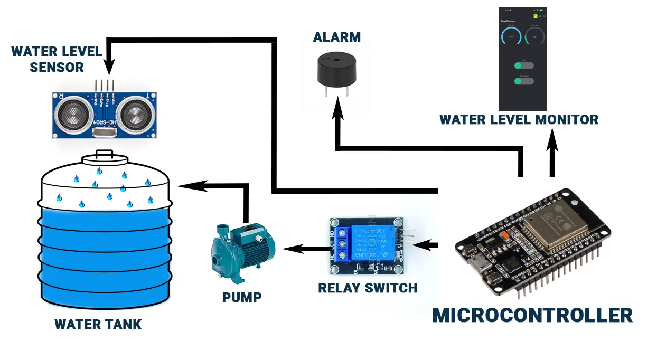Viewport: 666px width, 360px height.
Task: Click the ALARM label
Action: (336, 37)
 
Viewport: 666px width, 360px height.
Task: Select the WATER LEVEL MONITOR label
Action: (519, 120)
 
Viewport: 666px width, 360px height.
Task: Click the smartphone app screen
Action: (523, 59)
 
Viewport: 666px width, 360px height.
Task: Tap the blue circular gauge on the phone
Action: (511, 37)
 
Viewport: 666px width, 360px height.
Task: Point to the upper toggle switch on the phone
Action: (524, 65)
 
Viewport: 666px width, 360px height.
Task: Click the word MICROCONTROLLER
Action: (532, 315)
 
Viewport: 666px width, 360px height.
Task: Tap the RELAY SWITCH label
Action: (368, 288)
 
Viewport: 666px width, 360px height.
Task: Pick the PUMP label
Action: (242, 297)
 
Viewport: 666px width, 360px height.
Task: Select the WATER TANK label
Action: (98, 324)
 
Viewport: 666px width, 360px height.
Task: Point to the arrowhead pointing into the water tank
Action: (186, 185)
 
